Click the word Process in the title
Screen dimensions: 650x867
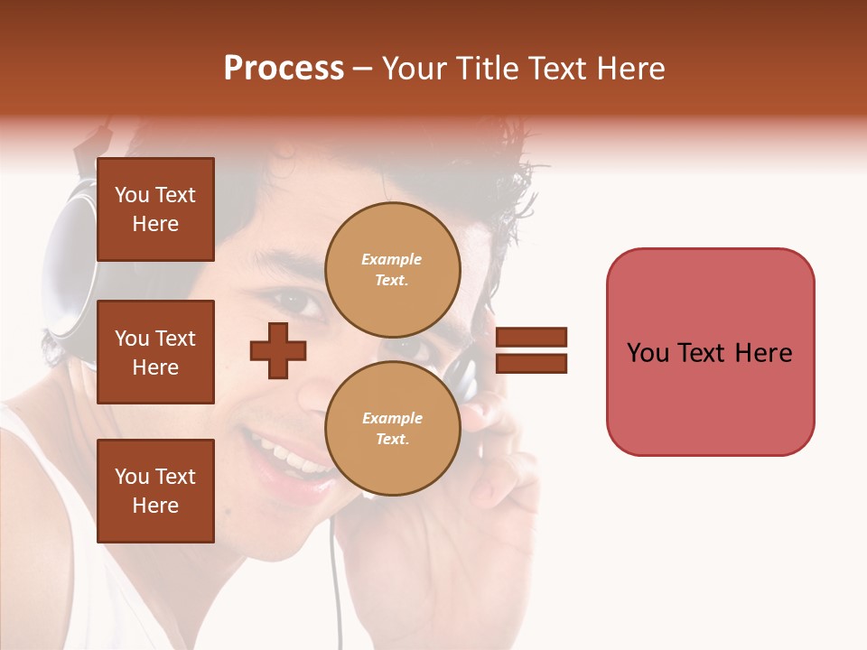click(284, 69)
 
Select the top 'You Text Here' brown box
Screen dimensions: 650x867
click(155, 209)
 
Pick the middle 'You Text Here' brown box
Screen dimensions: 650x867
click(155, 352)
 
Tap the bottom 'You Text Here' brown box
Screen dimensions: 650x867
click(155, 491)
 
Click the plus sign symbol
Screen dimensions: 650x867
click(278, 350)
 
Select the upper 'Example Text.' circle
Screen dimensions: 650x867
click(392, 270)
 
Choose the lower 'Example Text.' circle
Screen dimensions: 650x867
click(392, 429)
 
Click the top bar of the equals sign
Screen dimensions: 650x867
click(531, 338)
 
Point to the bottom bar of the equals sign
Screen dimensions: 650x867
click(531, 363)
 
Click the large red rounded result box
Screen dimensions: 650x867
click(710, 352)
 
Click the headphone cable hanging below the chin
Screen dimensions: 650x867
click(336, 578)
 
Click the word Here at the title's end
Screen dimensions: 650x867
click(631, 69)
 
